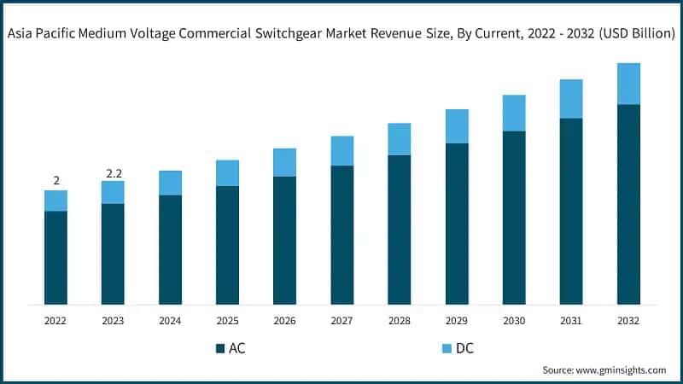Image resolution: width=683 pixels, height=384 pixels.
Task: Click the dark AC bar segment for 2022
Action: [x=55, y=258]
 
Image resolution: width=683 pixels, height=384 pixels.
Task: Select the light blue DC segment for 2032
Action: [x=628, y=84]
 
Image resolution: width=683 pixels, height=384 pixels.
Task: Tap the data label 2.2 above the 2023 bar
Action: [x=114, y=173]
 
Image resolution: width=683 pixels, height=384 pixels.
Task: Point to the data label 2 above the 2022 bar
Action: [x=56, y=181]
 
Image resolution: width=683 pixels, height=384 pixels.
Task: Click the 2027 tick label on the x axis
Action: [x=341, y=321]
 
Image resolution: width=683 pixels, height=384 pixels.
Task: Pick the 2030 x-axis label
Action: [x=514, y=321]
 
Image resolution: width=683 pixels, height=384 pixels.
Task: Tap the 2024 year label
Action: [x=170, y=321]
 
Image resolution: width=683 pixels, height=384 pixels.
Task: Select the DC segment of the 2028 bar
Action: [x=399, y=138]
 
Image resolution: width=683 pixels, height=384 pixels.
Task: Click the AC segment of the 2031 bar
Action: [x=571, y=211]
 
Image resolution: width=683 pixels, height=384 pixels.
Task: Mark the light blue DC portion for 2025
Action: [x=227, y=172]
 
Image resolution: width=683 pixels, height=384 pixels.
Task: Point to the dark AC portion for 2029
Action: [x=457, y=224]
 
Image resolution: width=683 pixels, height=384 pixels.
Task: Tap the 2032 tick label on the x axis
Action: [x=628, y=321]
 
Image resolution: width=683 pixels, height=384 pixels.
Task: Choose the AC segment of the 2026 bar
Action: [x=284, y=241]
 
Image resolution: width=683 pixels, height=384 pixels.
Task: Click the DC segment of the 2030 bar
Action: [x=514, y=113]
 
